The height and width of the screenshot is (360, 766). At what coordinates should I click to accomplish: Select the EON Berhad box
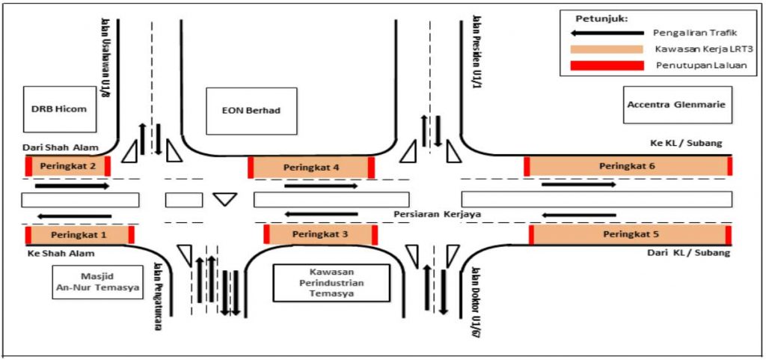pyautogui.click(x=251, y=111)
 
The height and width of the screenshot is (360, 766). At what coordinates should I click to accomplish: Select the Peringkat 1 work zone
pyautogui.click(x=79, y=235)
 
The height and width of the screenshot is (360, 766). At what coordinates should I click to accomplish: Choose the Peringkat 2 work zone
pyautogui.click(x=67, y=166)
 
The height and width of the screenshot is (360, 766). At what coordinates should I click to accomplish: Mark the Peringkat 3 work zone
pyautogui.click(x=320, y=235)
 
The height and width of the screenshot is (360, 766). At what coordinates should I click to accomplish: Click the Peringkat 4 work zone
pyautogui.click(x=311, y=168)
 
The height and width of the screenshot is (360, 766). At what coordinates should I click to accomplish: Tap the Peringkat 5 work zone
pyautogui.click(x=630, y=235)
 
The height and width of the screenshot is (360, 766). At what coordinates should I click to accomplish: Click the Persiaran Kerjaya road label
pyautogui.click(x=437, y=215)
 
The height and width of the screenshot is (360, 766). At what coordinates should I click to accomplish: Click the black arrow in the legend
pyautogui.click(x=606, y=33)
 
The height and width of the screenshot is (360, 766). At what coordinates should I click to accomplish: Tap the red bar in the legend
pyautogui.click(x=606, y=65)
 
